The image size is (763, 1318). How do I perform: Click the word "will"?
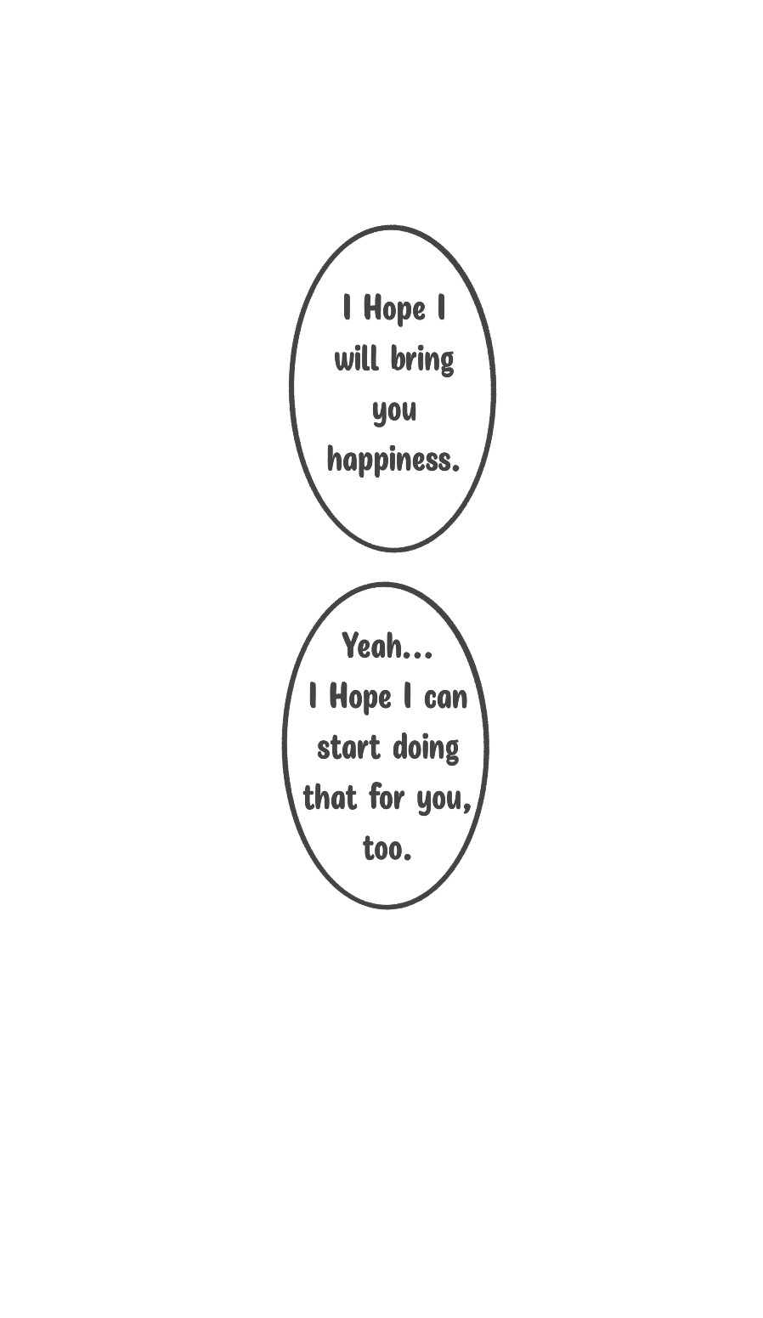click(356, 358)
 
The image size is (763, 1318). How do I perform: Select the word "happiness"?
click(389, 460)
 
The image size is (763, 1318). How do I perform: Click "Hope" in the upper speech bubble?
click(394, 309)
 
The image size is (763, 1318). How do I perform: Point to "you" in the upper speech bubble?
click(394, 411)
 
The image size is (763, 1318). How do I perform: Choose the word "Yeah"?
click(372, 646)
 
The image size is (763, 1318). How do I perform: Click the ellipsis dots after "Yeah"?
click(418, 655)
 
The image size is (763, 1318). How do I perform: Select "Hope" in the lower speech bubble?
click(360, 699)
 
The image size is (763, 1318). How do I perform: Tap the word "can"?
click(446, 699)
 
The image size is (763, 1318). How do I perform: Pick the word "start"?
click(348, 749)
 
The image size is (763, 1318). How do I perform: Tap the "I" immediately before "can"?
click(407, 698)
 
